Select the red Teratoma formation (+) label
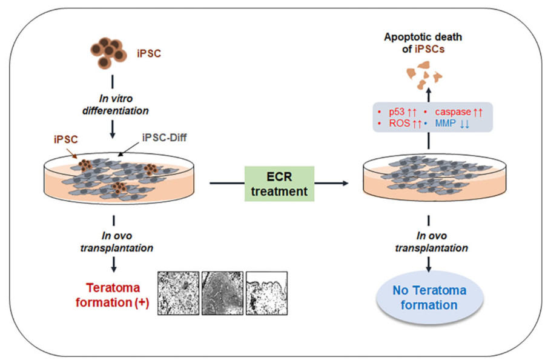pyautogui.click(x=112, y=295)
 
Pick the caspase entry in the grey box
pyautogui.click(x=459, y=113)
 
